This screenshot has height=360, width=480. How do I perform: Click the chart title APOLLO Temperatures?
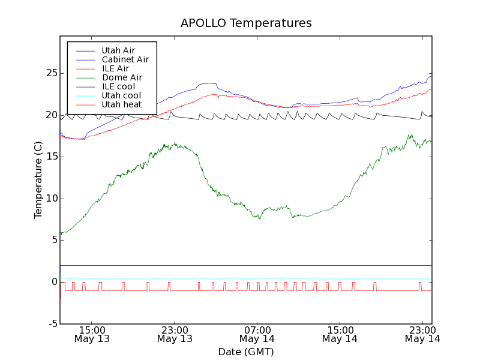tap(246, 23)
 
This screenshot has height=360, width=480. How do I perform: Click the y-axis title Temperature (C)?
tap(38, 180)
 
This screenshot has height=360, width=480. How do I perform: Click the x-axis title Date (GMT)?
tap(246, 352)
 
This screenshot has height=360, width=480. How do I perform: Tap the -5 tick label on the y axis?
tap(52, 323)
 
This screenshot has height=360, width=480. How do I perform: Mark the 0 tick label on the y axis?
tap(54, 282)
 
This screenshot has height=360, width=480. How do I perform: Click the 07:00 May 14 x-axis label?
tap(257, 334)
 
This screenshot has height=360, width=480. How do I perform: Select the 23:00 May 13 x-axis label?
tap(175, 334)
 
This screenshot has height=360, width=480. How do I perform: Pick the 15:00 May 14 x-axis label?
tap(340, 334)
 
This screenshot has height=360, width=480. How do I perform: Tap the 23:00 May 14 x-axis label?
tap(422, 334)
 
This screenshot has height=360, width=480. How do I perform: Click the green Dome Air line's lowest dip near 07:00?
tap(259, 218)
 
